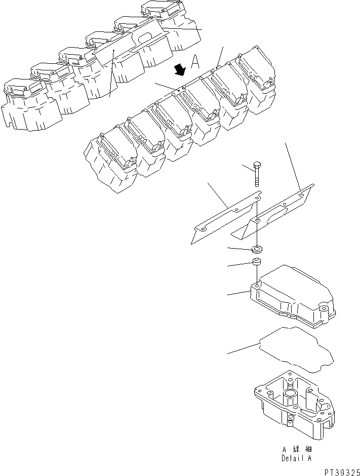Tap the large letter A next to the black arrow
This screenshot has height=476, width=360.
(x=195, y=63)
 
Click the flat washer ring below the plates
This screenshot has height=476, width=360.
(x=257, y=249)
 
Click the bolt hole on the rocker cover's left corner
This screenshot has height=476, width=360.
(x=258, y=287)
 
